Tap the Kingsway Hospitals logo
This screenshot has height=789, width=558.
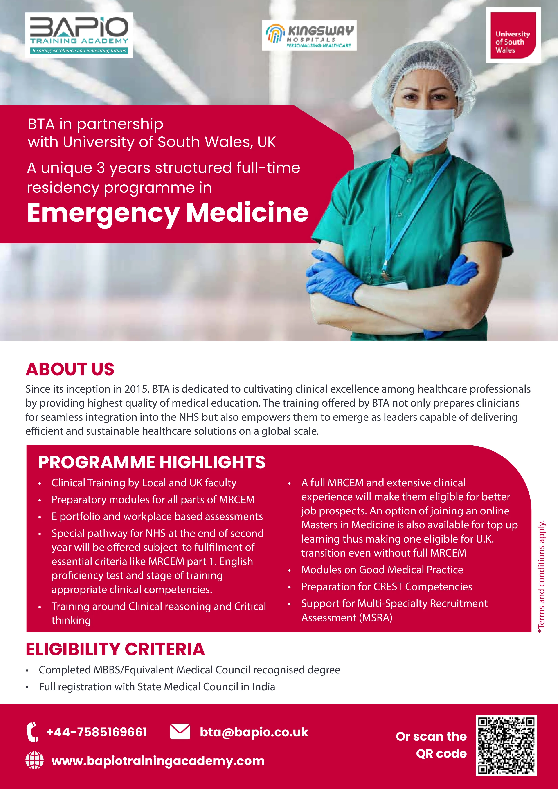(x=309, y=35)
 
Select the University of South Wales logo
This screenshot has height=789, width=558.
(x=513, y=35)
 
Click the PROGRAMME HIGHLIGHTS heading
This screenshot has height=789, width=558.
(x=152, y=462)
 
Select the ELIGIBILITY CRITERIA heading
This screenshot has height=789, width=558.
(x=115, y=649)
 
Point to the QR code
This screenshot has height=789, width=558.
(x=506, y=746)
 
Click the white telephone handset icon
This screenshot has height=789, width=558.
(x=33, y=732)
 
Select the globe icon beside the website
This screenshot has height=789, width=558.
(x=35, y=760)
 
